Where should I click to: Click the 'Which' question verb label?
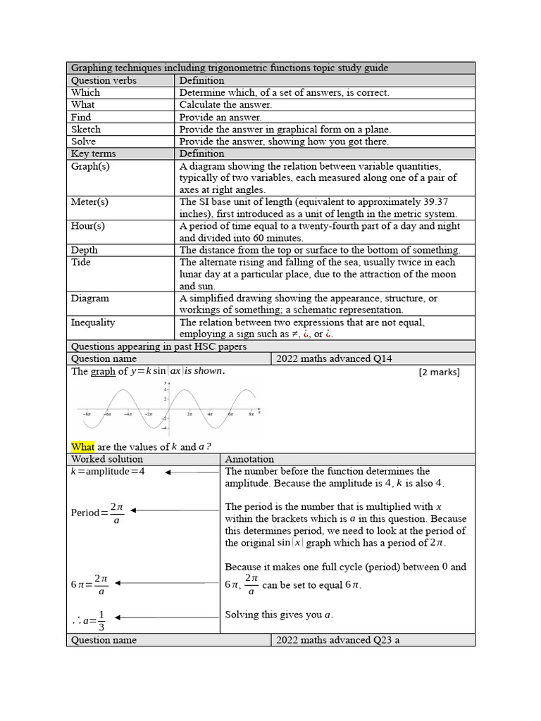(x=85, y=92)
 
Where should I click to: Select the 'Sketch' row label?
(x=86, y=130)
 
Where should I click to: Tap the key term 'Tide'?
(x=81, y=262)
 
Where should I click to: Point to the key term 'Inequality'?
(x=93, y=322)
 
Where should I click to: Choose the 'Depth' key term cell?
(x=85, y=250)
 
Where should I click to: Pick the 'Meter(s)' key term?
(x=89, y=201)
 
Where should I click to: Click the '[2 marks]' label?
(x=439, y=372)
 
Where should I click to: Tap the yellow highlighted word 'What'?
(x=82, y=446)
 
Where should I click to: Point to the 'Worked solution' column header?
(x=106, y=459)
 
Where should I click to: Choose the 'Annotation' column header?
(x=249, y=459)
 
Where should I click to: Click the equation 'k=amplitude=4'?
(x=108, y=472)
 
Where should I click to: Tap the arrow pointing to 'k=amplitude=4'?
(x=191, y=472)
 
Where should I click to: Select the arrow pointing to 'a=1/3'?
(x=166, y=617)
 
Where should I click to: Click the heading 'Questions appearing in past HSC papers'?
(x=158, y=346)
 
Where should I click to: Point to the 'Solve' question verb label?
(x=83, y=142)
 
